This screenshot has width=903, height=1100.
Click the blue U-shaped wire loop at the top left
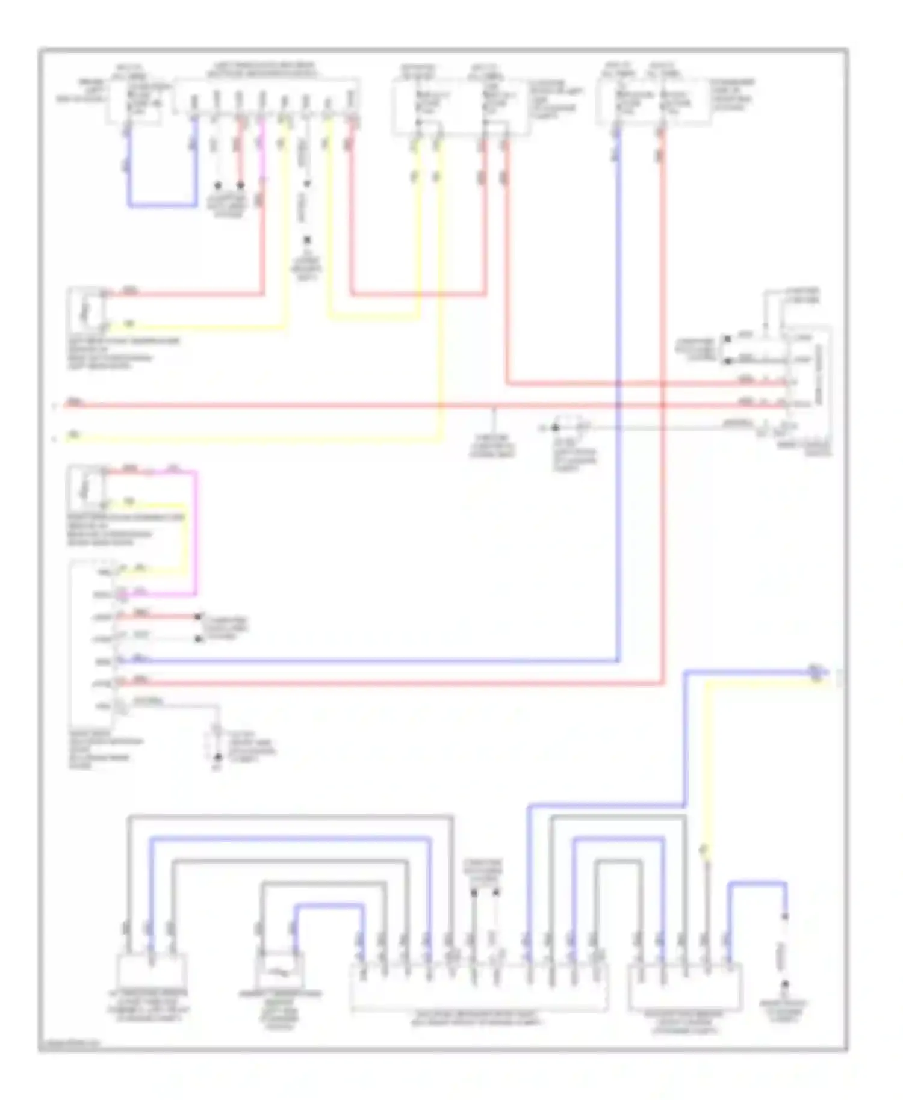click(x=161, y=205)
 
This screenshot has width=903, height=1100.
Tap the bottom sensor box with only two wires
click(x=279, y=968)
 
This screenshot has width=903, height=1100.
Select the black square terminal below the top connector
click(x=307, y=240)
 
